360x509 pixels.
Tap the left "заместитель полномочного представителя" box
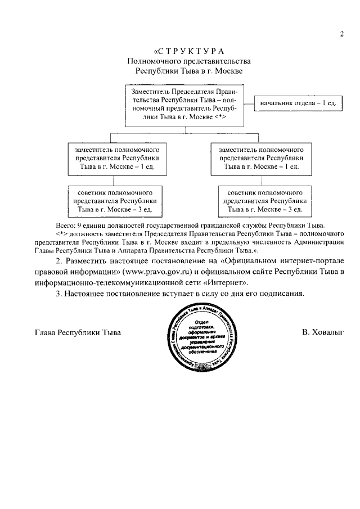115,158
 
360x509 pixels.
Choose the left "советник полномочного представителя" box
115,201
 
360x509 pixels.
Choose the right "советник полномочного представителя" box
264,201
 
